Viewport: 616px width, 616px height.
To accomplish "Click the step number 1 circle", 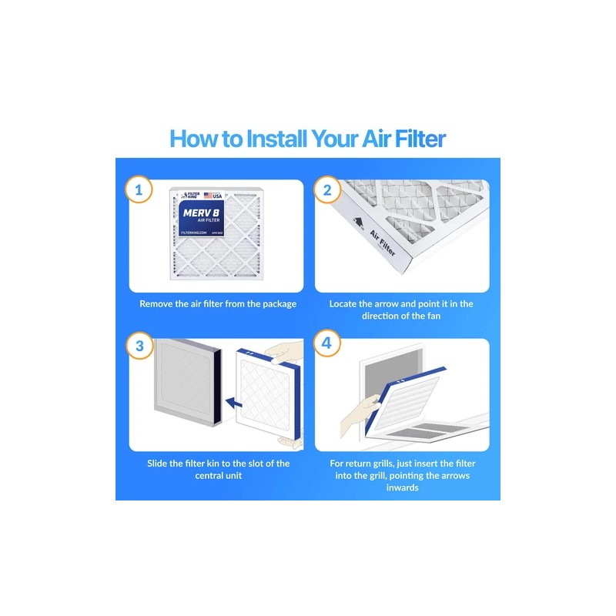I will pos(139,190).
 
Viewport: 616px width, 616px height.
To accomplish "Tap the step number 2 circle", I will pos(326,190).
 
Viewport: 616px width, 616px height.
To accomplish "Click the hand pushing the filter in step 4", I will pos(359,408).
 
